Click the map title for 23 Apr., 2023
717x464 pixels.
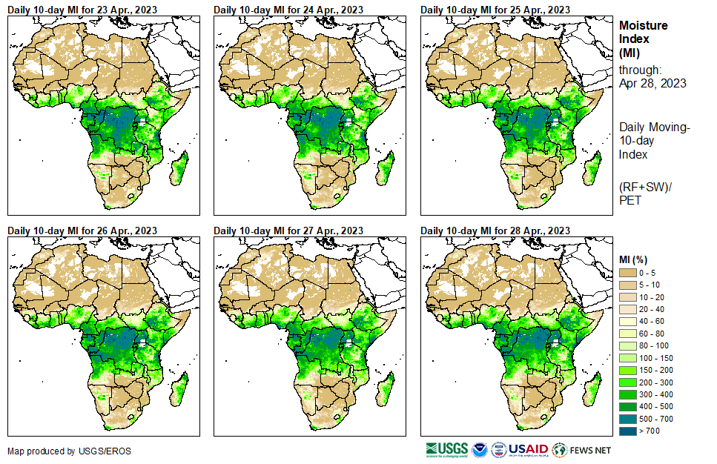coord(82,10)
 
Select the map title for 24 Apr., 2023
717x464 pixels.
coord(288,10)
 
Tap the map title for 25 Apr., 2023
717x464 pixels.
coord(495,10)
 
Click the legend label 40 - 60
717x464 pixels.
coord(653,321)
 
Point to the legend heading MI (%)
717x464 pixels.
coord(634,259)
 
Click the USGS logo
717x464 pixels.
coord(448,449)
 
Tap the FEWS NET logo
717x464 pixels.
coord(583,449)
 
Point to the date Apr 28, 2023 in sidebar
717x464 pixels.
coord(652,83)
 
